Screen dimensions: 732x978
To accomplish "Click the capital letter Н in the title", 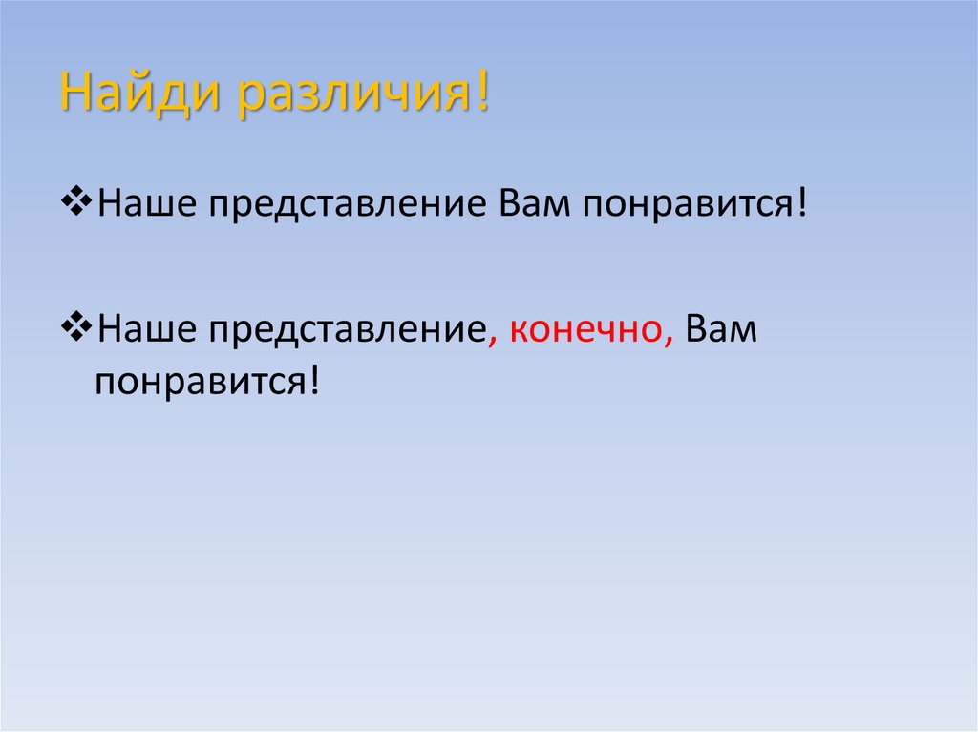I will coord(74,94).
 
